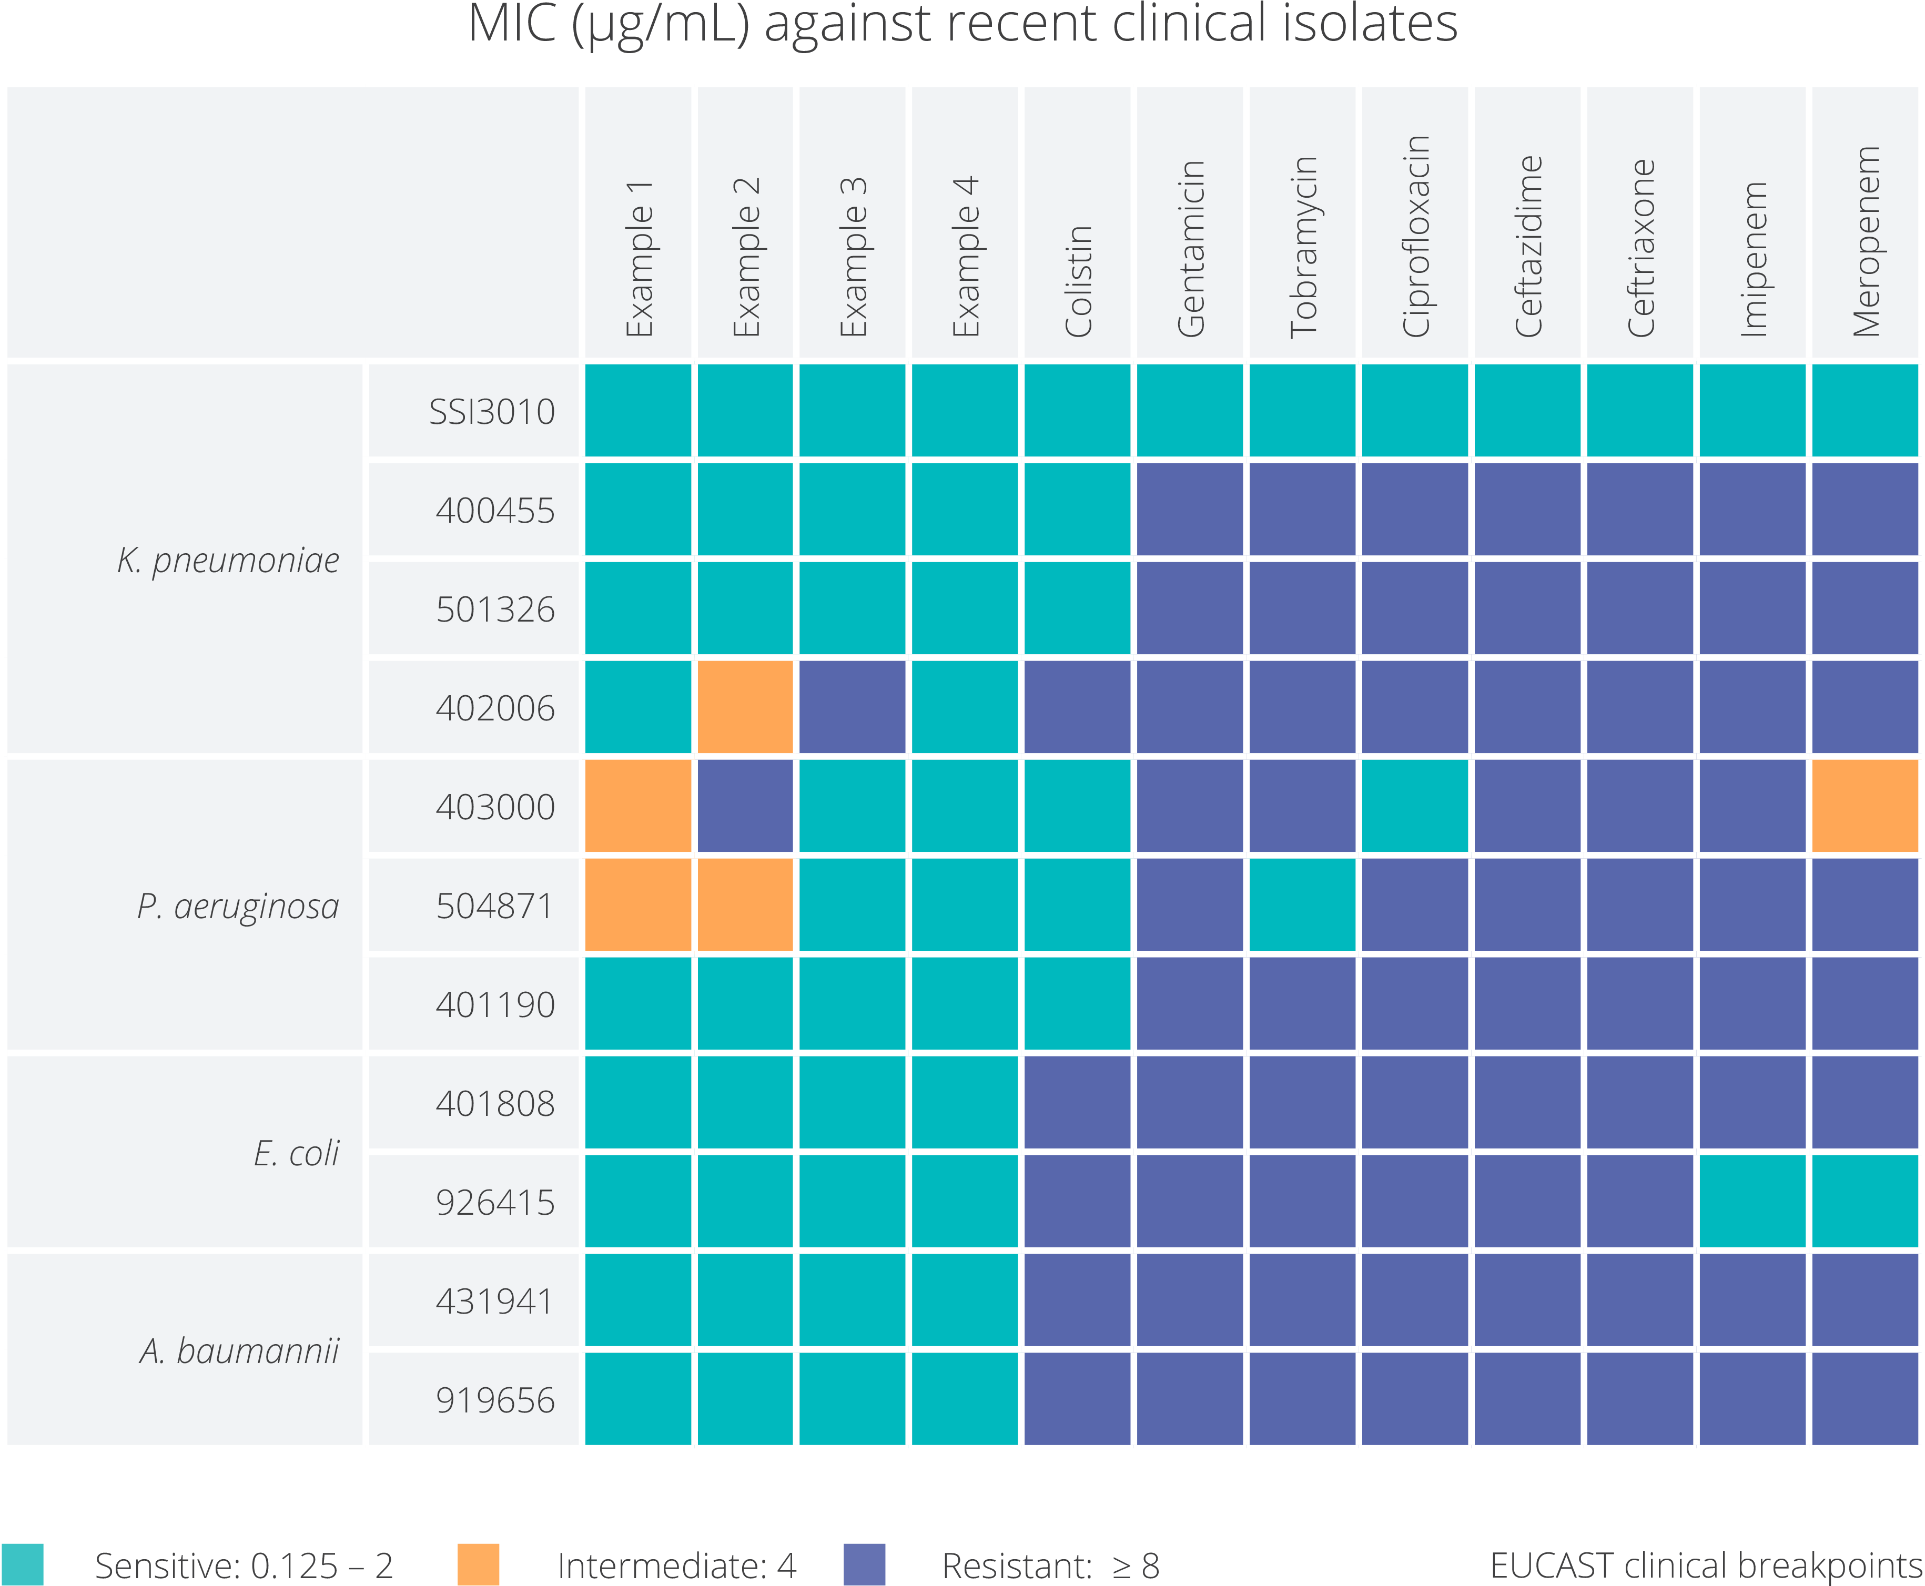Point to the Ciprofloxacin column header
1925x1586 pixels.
point(1415,236)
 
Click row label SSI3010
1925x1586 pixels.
point(492,412)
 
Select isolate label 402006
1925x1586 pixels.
point(494,708)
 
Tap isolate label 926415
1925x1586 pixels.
point(494,1202)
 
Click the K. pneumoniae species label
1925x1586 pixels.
point(228,560)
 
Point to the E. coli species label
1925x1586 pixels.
point(296,1153)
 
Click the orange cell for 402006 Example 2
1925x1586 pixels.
point(745,707)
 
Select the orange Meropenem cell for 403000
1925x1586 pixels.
point(1865,806)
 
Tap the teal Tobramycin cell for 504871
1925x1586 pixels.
point(1302,904)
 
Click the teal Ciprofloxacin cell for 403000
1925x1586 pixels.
point(1414,806)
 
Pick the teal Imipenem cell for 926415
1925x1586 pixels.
point(1752,1202)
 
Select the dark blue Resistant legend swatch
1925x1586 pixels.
point(864,1564)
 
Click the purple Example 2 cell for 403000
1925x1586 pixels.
point(745,806)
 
